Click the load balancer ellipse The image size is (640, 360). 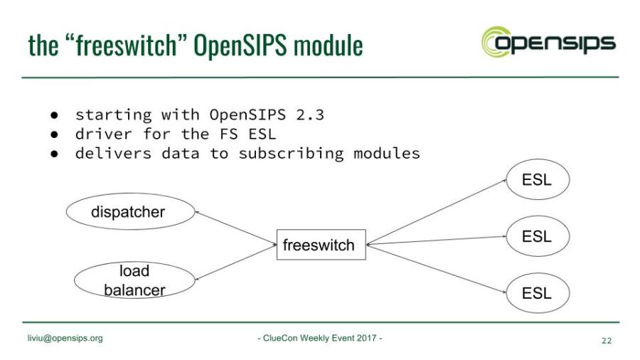pyautogui.click(x=132, y=280)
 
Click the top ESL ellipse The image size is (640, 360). pyautogui.click(x=537, y=180)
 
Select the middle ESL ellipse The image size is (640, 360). pyautogui.click(x=537, y=236)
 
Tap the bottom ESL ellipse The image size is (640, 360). pyautogui.click(x=537, y=292)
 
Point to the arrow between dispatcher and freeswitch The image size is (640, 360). pyautogui.click(x=235, y=228)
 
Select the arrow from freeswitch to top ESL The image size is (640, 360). pyautogui.click(x=437, y=212)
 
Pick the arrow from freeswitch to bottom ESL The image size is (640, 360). pyautogui.click(x=437, y=268)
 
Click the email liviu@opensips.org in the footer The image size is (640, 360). pyautogui.click(x=65, y=338)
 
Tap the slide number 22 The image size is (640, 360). pyautogui.click(x=606, y=341)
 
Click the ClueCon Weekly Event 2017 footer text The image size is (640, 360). pyautogui.click(x=319, y=338)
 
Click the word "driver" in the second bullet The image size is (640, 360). pyautogui.click(x=101, y=134)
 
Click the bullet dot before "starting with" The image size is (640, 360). pyautogui.click(x=53, y=115)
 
